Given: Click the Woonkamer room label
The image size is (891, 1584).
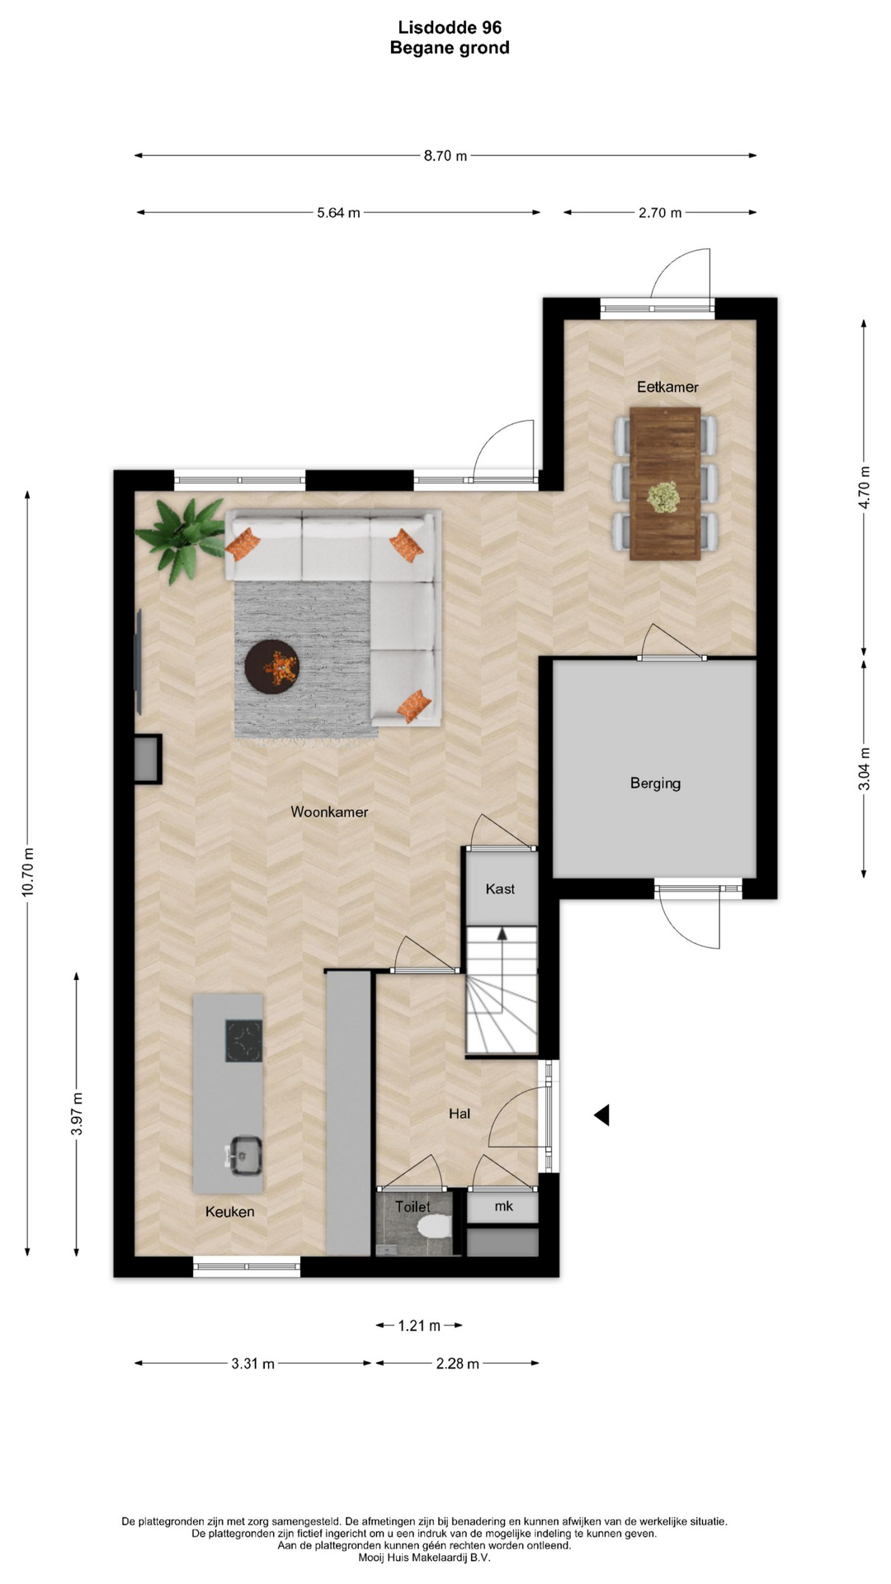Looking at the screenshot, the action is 329,812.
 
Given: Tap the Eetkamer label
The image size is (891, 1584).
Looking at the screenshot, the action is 667,387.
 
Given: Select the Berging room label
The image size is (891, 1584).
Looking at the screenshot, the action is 655,784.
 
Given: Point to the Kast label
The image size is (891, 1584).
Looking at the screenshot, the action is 500,889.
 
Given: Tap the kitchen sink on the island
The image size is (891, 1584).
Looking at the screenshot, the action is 244,1155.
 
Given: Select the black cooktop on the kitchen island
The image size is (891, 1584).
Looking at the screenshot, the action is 243,1041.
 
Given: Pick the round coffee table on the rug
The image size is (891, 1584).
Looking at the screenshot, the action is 271,666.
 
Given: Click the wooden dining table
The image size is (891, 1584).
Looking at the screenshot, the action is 665,483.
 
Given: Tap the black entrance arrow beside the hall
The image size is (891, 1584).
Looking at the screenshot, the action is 601,1115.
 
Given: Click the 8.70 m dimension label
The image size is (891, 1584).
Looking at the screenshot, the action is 445,156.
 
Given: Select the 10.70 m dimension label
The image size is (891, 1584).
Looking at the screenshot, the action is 28,872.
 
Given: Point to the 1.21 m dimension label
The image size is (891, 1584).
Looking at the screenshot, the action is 419,1326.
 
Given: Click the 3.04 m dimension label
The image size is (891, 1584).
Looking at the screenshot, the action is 864,769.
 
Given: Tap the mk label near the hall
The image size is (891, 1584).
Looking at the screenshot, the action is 503,1206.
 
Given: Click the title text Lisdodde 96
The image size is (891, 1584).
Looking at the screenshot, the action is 450,28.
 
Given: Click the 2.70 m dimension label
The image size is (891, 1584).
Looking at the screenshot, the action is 660,213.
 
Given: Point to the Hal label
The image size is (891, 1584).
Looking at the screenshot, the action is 460,1114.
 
